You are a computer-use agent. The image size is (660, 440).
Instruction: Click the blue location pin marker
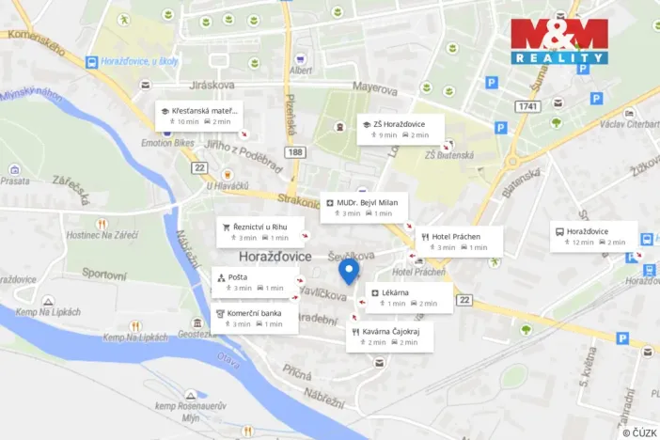click(350, 272)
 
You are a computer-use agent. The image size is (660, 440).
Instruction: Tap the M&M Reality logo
click(559, 40)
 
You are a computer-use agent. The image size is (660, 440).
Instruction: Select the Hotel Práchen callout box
click(459, 242)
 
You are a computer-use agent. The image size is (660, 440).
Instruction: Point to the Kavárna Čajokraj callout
click(390, 337)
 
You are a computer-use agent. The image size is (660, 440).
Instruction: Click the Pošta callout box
click(256, 282)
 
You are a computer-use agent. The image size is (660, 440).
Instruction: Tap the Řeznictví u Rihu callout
click(261, 231)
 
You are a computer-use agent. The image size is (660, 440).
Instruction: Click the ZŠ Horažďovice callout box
click(400, 129)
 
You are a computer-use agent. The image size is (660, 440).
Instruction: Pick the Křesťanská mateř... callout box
click(199, 116)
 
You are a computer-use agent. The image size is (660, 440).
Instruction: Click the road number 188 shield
click(296, 151)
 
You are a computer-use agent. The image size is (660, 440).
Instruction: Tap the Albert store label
click(301, 70)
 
